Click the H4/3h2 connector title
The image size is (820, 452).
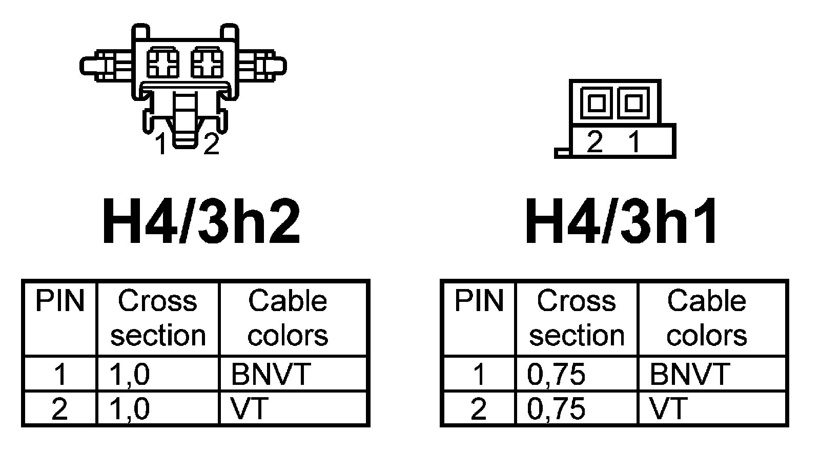[201, 221]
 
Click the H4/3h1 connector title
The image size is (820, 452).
[622, 221]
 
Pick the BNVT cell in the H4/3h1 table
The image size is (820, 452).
[689, 374]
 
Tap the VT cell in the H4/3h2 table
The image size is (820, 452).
[250, 408]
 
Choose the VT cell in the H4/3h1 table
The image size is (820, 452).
[668, 408]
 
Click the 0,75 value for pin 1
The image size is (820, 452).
[556, 374]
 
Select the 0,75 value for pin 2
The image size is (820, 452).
[556, 408]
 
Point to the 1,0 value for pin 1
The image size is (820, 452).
[129, 374]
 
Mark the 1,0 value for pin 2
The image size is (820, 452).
[129, 408]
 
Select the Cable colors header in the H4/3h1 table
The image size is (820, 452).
[706, 318]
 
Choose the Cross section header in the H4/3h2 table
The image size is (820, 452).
[158, 318]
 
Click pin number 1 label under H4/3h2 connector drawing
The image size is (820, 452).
[161, 144]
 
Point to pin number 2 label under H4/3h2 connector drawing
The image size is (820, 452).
[211, 144]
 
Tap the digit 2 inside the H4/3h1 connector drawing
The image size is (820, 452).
[594, 141]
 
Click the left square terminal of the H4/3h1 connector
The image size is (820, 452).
[596, 103]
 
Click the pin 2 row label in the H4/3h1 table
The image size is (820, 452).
[478, 408]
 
